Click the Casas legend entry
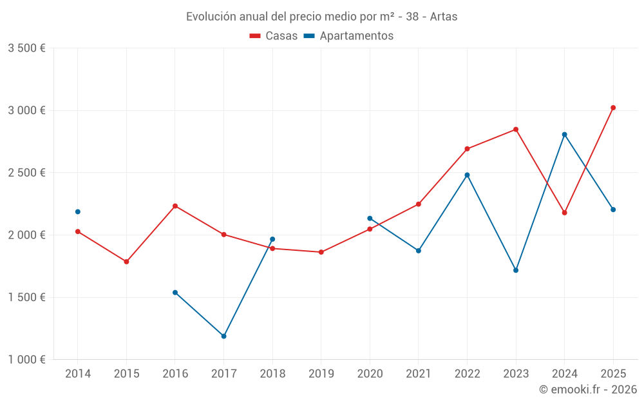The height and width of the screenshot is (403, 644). [x=274, y=36]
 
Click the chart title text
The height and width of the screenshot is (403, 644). [x=321, y=17]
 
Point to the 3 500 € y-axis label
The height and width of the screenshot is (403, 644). [x=26, y=48]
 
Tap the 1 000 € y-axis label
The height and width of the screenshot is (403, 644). [x=26, y=360]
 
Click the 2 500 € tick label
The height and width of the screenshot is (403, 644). [x=26, y=173]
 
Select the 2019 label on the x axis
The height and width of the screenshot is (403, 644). [x=321, y=373]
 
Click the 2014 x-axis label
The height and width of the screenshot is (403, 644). [x=78, y=373]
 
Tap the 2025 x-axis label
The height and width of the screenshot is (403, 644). [x=613, y=373]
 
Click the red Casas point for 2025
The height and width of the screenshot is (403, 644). [x=613, y=108]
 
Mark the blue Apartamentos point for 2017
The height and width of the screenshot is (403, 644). [x=223, y=336]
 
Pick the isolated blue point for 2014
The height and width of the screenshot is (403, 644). [x=78, y=211]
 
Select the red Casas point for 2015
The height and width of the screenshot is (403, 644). [x=126, y=262]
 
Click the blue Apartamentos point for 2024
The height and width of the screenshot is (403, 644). [x=564, y=134]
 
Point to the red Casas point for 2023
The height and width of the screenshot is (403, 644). [x=516, y=129]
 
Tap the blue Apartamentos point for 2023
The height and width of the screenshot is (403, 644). [x=516, y=270]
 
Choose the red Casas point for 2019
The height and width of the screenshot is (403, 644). [x=321, y=252]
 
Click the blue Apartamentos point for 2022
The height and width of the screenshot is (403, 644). [x=467, y=175]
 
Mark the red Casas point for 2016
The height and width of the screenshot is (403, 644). [x=175, y=206]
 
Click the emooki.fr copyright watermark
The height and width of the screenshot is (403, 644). [x=587, y=389]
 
